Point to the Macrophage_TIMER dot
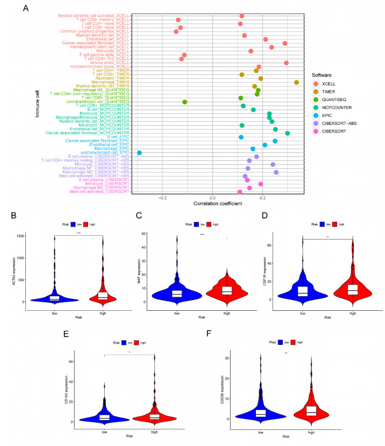click(296, 82)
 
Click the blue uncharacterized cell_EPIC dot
click(139, 153)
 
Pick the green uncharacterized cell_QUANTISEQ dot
click(185, 102)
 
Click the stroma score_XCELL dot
click(286, 63)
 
